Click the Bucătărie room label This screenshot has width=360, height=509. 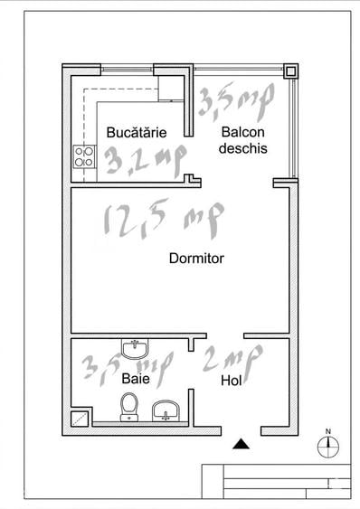137,132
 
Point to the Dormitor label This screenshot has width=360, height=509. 196,259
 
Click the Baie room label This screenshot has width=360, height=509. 136,381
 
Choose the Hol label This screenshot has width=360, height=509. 232,382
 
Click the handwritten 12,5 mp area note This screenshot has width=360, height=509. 164,221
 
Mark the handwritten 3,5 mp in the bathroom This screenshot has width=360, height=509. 127,366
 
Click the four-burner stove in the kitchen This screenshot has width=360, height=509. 84,156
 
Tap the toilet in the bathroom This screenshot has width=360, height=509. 128,408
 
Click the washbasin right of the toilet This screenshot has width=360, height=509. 166,412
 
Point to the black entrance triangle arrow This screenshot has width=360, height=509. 240,443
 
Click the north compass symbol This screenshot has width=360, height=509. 328,444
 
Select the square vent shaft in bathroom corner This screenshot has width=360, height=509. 81,417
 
